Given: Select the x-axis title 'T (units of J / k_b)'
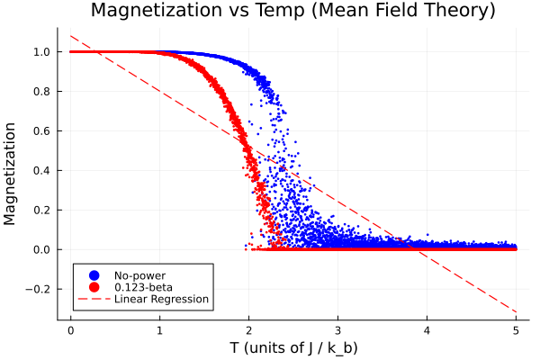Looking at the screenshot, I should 293,346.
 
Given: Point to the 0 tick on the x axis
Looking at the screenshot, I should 70,330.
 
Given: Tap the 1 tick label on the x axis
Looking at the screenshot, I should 159,330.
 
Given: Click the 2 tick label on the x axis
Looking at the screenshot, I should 249,330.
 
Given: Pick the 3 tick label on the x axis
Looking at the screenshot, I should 338,330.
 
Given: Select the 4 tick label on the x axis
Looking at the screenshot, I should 427,330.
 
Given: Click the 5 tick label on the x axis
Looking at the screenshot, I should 517,330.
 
